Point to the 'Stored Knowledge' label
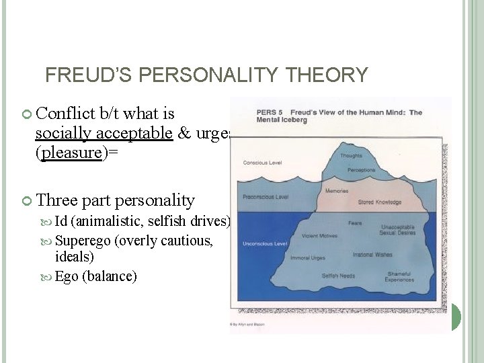tap(379, 202)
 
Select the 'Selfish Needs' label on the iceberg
tap(339, 276)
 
